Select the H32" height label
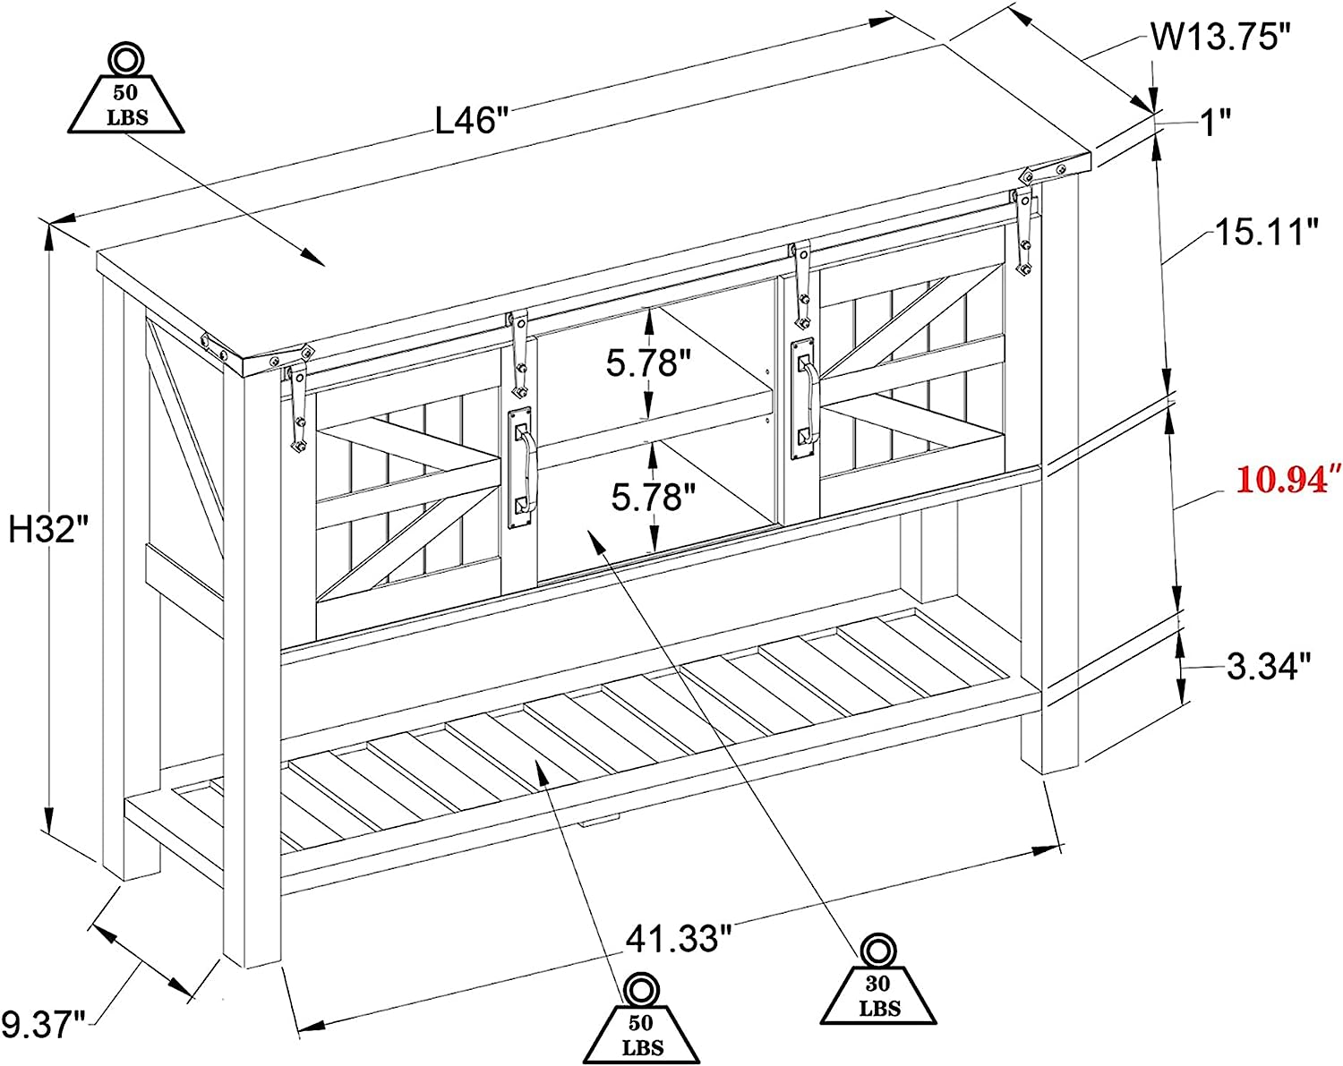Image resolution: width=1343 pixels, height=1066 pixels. click(x=49, y=530)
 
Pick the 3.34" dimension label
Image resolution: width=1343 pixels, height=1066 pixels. click(x=1268, y=666)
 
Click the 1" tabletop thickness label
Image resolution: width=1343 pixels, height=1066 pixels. click(x=1216, y=122)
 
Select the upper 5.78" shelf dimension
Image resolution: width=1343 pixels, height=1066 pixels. click(x=649, y=362)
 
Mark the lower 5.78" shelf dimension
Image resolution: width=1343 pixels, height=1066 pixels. click(x=654, y=497)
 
